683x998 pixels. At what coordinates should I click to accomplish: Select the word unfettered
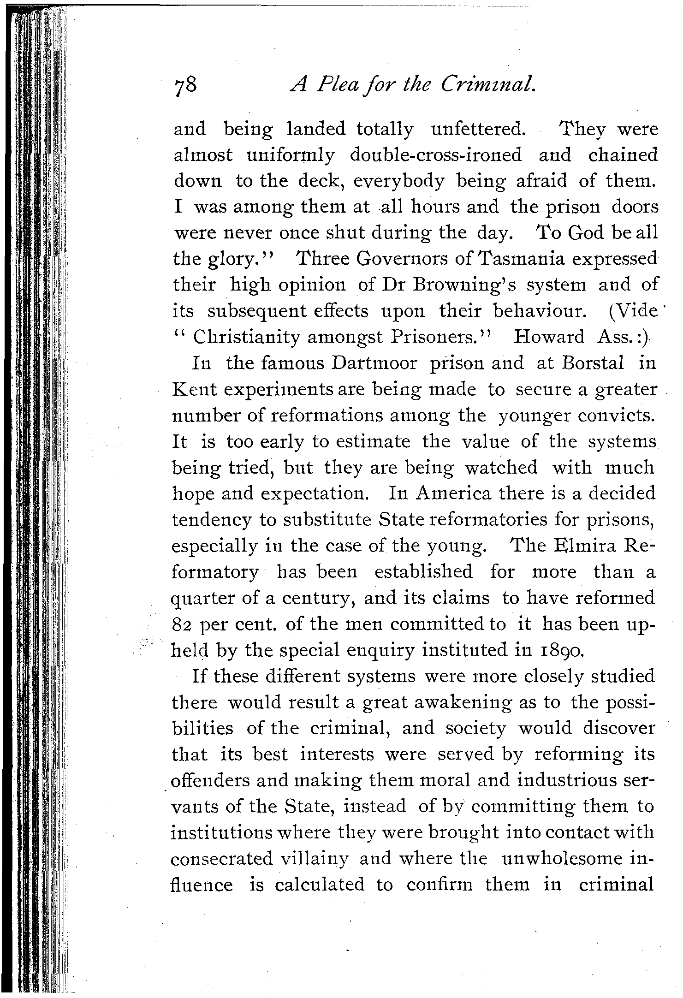pos(478,130)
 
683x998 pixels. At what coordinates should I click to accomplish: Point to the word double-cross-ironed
pos(436,155)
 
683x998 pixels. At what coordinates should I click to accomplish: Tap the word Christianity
pos(247,337)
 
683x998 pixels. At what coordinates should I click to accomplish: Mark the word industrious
pos(569,780)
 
